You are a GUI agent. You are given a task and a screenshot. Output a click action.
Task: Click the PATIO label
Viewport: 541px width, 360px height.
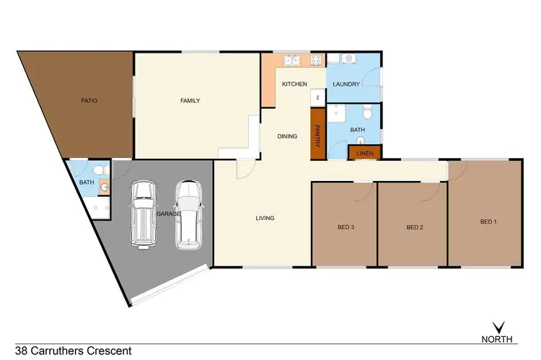(89, 101)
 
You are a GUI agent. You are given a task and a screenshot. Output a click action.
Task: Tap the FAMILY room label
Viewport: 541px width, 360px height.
(190, 101)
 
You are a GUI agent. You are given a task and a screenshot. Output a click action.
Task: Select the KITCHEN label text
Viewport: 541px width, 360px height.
(294, 84)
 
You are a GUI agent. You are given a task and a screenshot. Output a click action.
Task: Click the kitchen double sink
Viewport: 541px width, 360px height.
(291, 60)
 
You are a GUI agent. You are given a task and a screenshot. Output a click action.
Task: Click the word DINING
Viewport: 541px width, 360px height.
(287, 136)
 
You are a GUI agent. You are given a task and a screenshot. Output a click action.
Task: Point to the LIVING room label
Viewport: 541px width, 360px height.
(264, 218)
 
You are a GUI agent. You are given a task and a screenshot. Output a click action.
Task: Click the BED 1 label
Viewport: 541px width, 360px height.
(488, 221)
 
